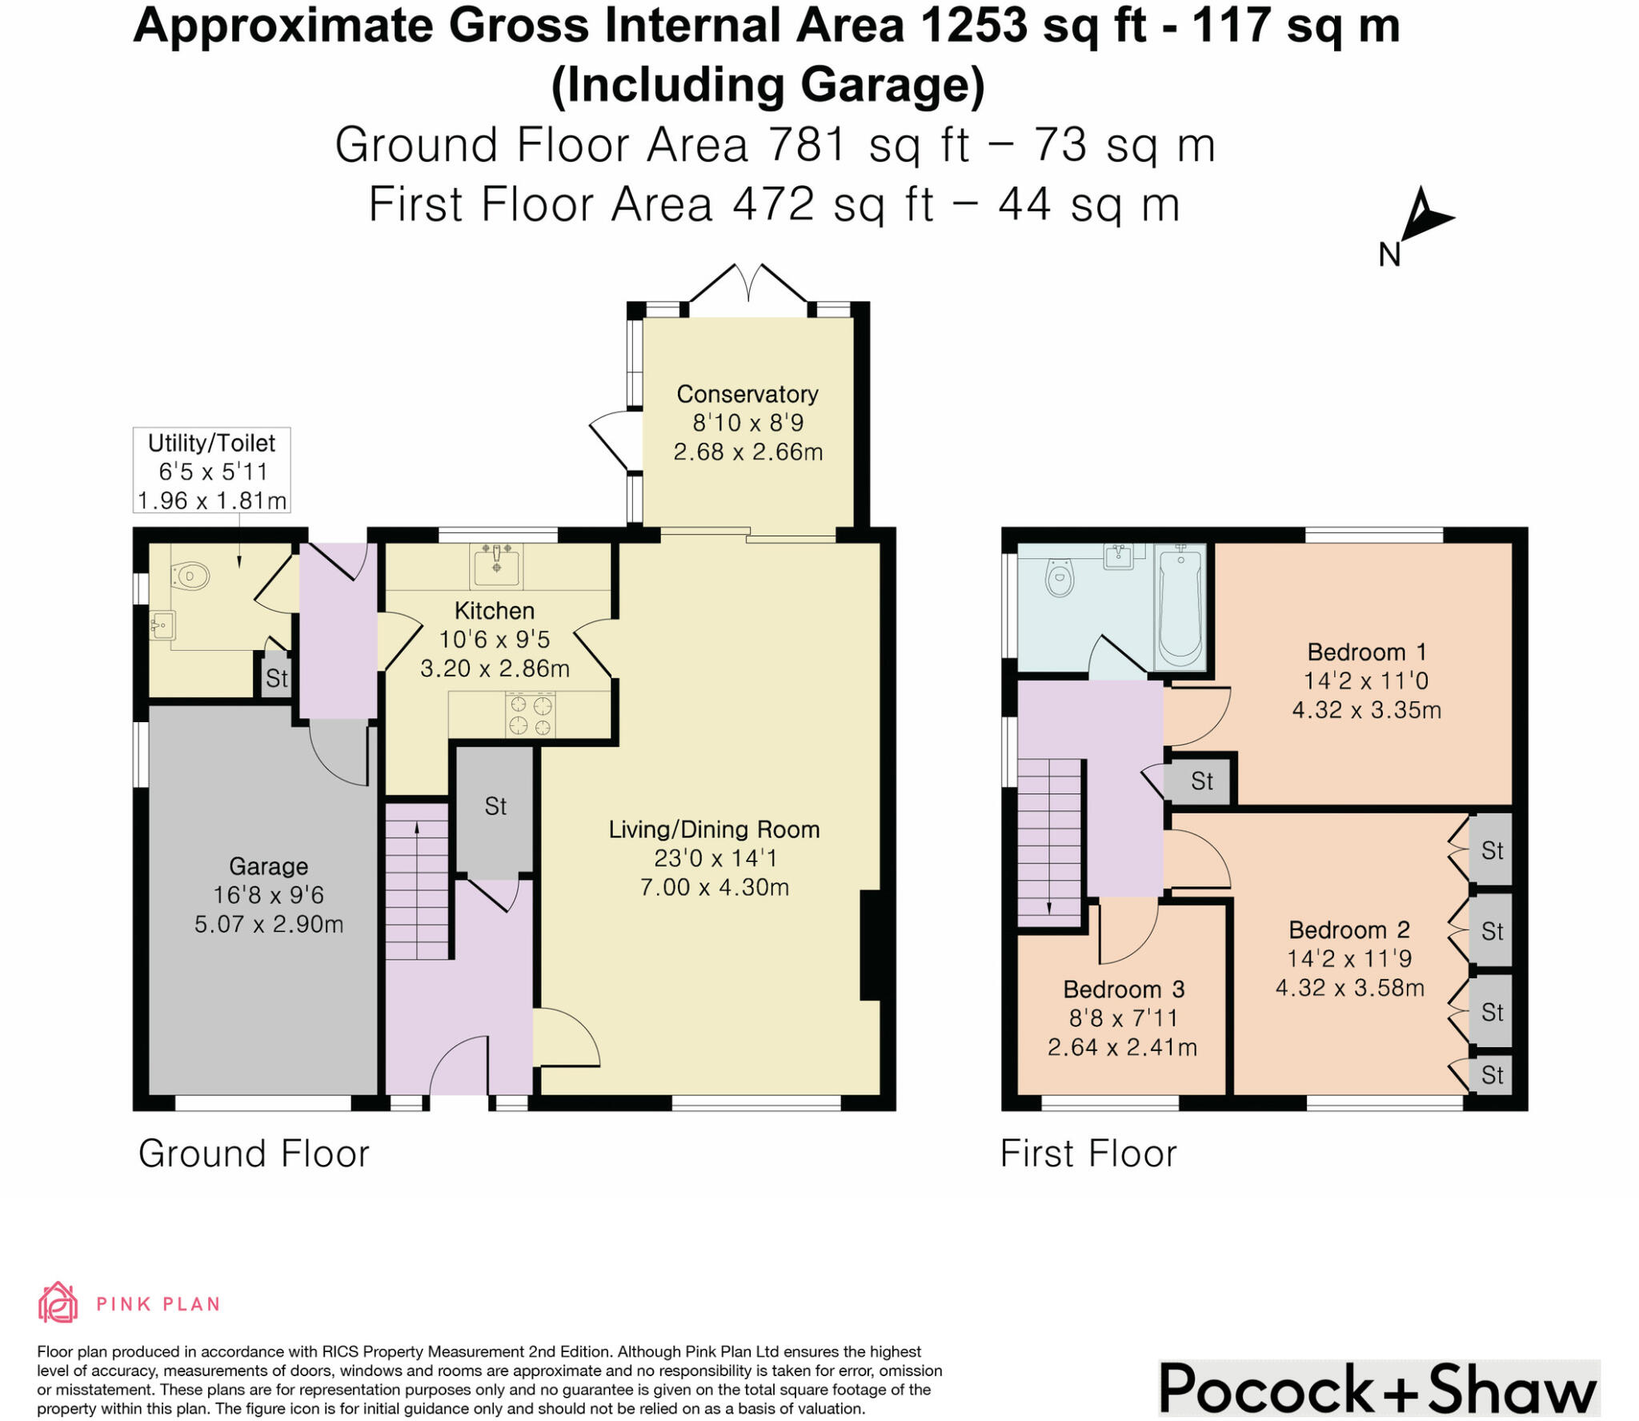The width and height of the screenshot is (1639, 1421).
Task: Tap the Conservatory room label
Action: pos(747,394)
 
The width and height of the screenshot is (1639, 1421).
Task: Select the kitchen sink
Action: pos(497,564)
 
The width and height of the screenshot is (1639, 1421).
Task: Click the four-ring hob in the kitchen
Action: pos(530,715)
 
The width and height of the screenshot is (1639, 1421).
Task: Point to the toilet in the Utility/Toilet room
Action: pos(190,575)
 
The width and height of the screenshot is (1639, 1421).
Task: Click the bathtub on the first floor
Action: pos(1180,606)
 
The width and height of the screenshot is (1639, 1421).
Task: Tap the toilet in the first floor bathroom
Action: pos(1060,577)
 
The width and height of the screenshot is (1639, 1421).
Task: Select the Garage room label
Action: pos(268,866)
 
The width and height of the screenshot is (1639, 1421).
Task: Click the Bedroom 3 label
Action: pos(1124,989)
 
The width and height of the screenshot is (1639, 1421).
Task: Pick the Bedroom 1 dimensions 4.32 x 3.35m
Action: pos(1367,710)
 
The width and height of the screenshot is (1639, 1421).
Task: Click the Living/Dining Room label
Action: pos(714,829)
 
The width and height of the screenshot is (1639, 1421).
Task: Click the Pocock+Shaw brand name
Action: pos(1378,1389)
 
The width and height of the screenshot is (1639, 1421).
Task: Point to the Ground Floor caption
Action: pos(254,1154)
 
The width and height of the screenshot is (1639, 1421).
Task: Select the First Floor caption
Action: pos(1088,1154)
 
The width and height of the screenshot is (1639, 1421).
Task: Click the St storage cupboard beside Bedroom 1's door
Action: pos(1201,781)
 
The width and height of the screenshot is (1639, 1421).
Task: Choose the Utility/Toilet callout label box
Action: pos(211,471)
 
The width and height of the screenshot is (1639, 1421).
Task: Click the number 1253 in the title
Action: pos(974,26)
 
